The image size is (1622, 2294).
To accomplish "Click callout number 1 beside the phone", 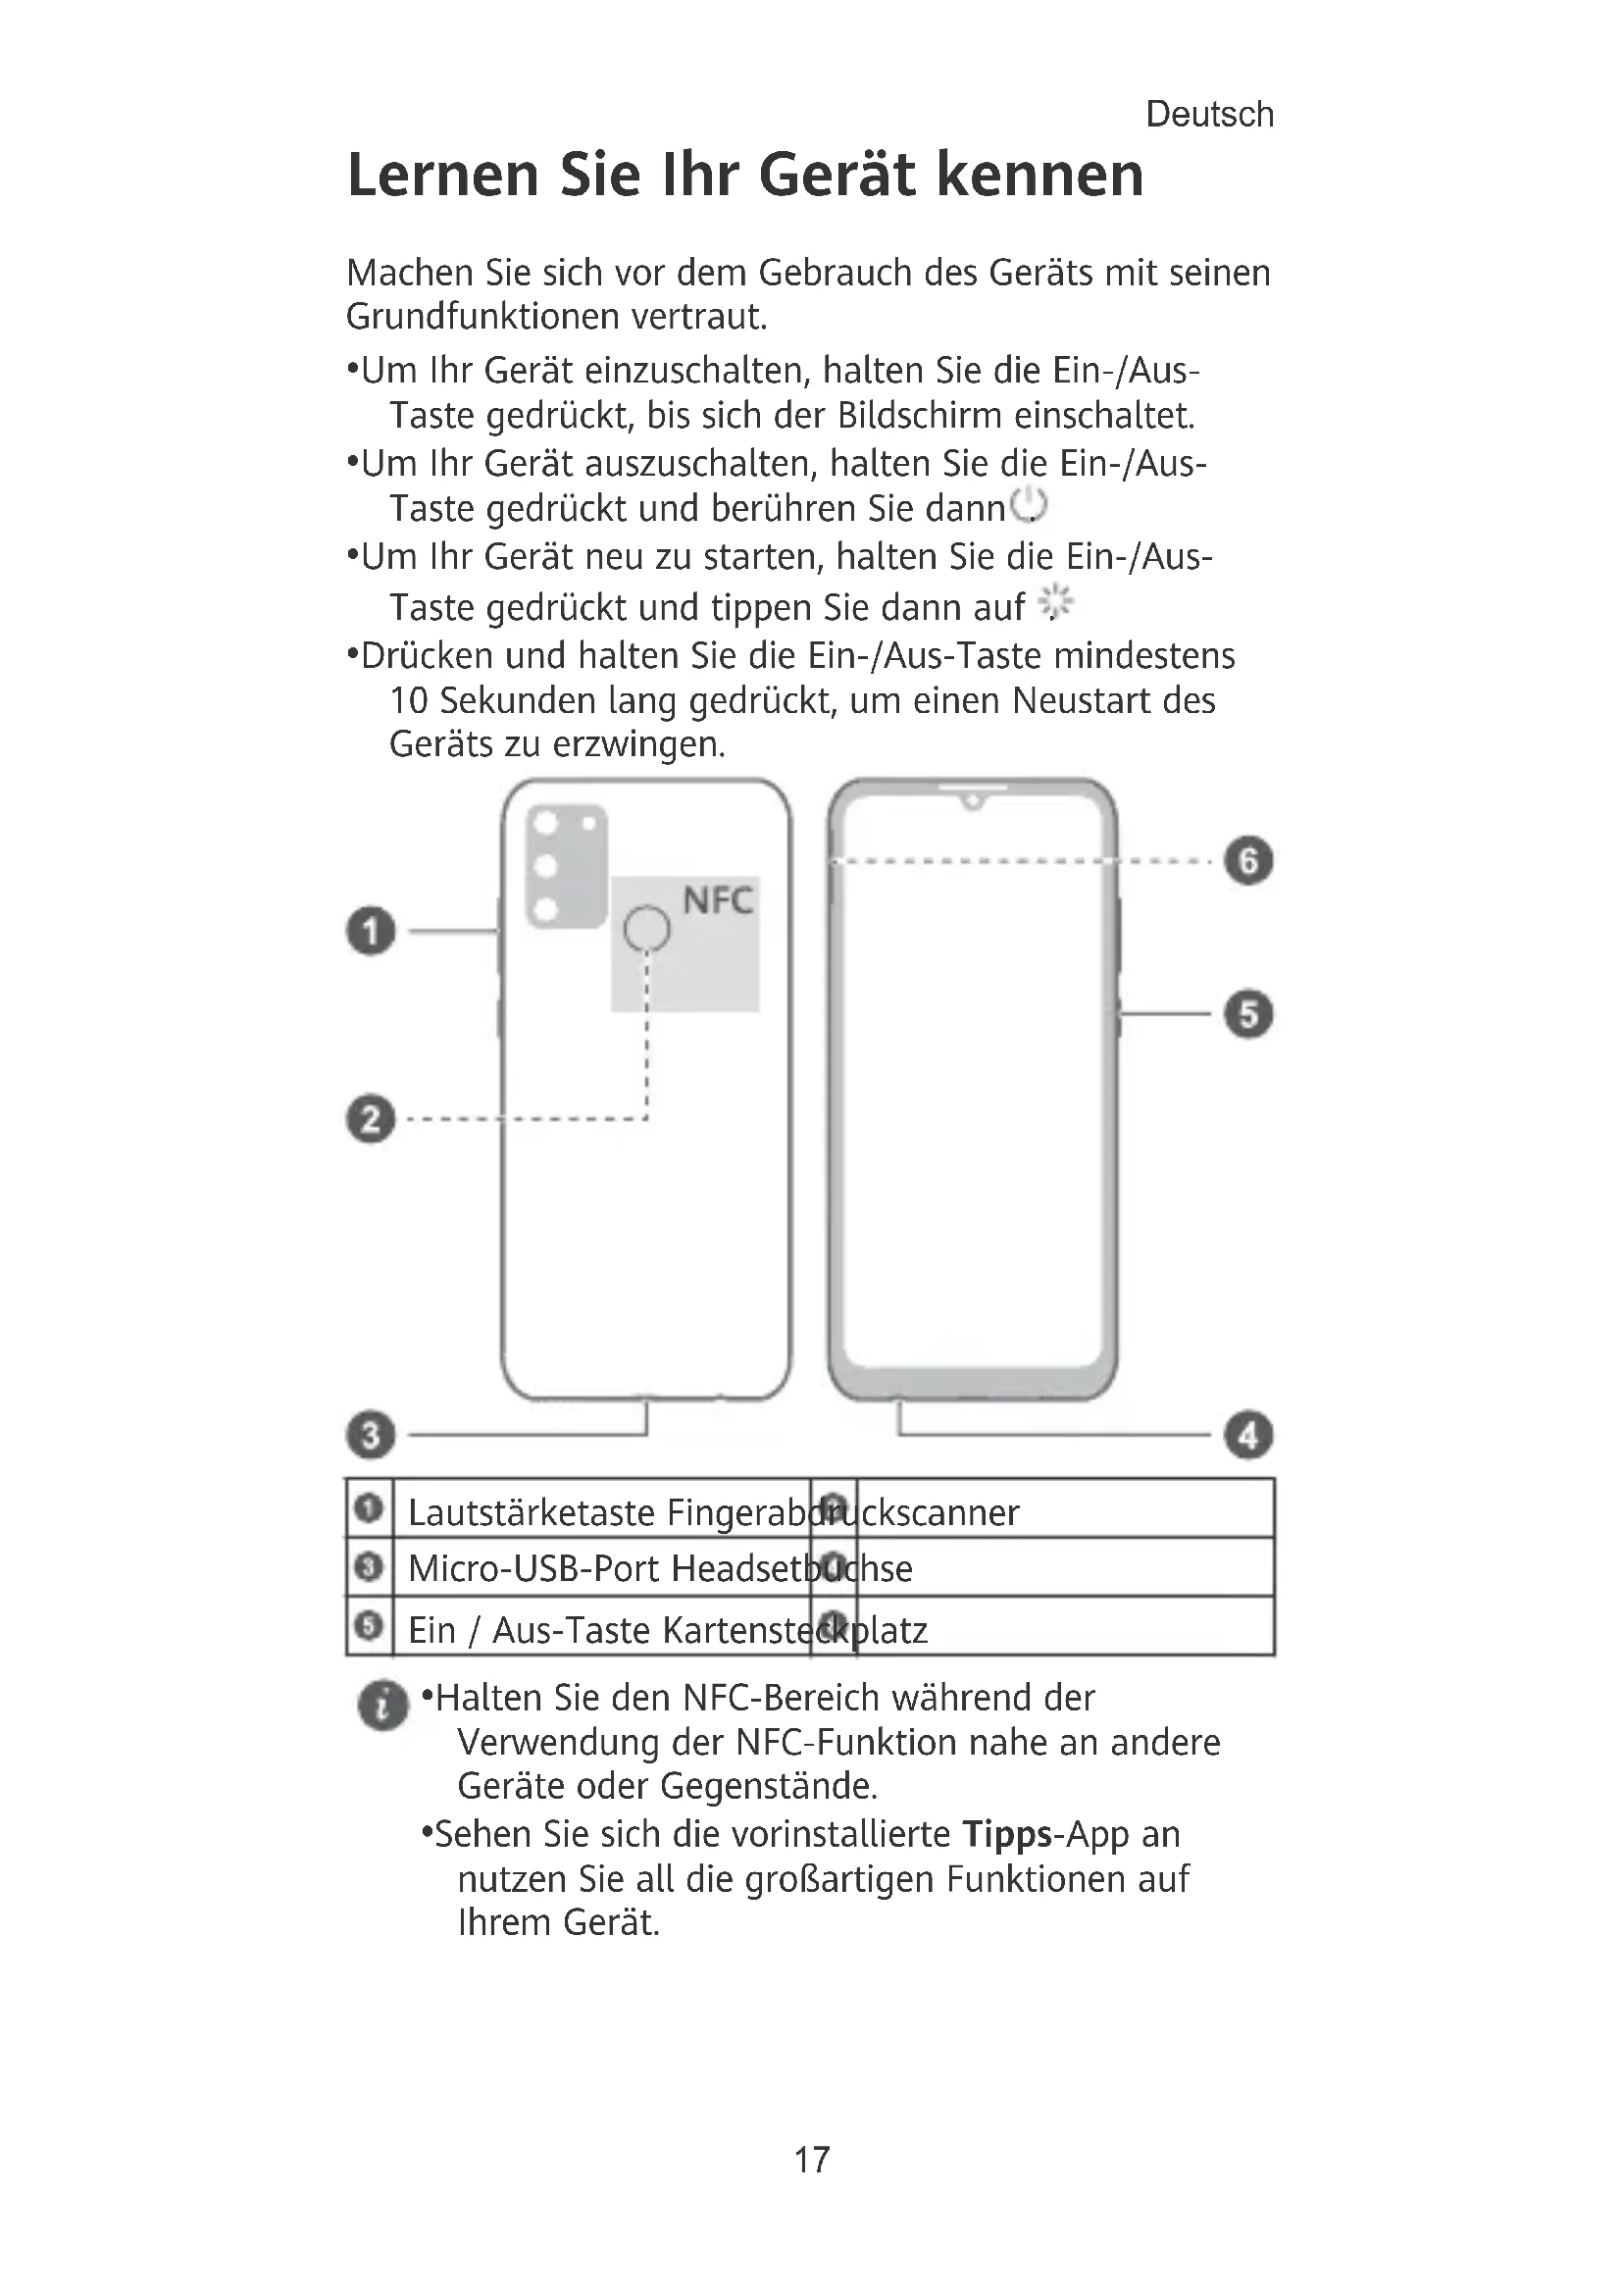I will pyautogui.click(x=371, y=931).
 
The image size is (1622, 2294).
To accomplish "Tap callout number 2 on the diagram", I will pyautogui.click(x=371, y=1118).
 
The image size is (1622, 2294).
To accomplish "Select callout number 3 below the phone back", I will pyautogui.click(x=371, y=1435).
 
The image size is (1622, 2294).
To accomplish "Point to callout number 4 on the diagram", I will pyautogui.click(x=1248, y=1436).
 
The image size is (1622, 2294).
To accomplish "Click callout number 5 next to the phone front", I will pyautogui.click(x=1248, y=1014).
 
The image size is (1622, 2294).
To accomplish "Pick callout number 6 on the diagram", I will pyautogui.click(x=1248, y=860).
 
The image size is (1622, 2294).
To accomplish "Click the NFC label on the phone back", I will pyautogui.click(x=717, y=901).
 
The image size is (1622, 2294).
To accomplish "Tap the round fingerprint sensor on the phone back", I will pyautogui.click(x=646, y=929).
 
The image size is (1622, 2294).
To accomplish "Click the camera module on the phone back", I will pyautogui.click(x=566, y=865).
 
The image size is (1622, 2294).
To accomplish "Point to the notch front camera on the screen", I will pyautogui.click(x=972, y=801).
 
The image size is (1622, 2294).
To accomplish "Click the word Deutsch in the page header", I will pyautogui.click(x=1209, y=115).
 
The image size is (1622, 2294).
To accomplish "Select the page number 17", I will pyautogui.click(x=811, y=2159).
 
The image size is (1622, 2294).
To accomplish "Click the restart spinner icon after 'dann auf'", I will pyautogui.click(x=1055, y=602).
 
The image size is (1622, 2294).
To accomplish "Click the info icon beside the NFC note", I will pyautogui.click(x=382, y=1705).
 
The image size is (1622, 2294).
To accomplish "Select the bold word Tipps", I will pyautogui.click(x=1007, y=1834).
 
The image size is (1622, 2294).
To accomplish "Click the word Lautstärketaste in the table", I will pyautogui.click(x=531, y=1513).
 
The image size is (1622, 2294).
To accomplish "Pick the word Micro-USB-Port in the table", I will pyautogui.click(x=534, y=1569).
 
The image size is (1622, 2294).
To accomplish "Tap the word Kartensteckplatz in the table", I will pyautogui.click(x=795, y=1631).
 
